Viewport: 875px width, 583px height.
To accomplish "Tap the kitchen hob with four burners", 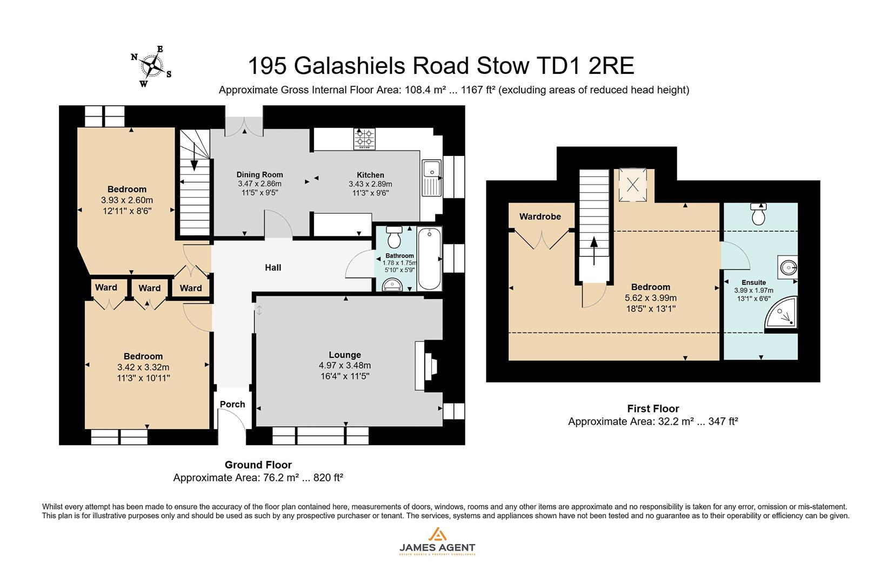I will click(365, 138).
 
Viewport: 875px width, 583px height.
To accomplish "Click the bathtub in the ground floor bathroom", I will click(430, 259).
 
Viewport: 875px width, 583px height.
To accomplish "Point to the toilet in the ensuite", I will click(758, 214).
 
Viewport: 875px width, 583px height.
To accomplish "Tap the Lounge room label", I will click(345, 355).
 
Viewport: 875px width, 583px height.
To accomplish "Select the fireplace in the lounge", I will click(427, 365).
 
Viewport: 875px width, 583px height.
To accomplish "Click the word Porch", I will click(232, 404).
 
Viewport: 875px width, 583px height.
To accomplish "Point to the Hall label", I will click(273, 267).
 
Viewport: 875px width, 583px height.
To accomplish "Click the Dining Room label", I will click(259, 174).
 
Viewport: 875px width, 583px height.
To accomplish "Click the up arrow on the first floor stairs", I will click(594, 250).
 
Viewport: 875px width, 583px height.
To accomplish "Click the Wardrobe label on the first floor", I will click(540, 216).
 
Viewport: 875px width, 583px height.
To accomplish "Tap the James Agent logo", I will click(437, 542).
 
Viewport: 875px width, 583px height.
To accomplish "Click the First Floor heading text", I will click(653, 409).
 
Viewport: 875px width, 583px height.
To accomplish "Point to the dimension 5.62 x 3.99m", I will click(651, 298).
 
